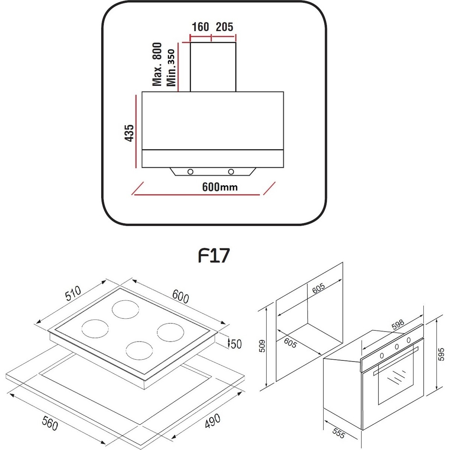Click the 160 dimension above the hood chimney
pyautogui.click(x=200, y=27)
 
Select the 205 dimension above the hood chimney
pyautogui.click(x=224, y=27)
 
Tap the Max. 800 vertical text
pyautogui.click(x=157, y=64)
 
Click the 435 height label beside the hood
pyautogui.click(x=129, y=133)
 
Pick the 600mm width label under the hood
pyautogui.click(x=220, y=187)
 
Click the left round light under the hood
pyautogui.click(x=190, y=172)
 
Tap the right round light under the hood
pyautogui.click(x=231, y=172)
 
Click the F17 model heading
pyautogui.click(x=214, y=256)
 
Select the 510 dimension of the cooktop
pyautogui.click(x=73, y=293)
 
